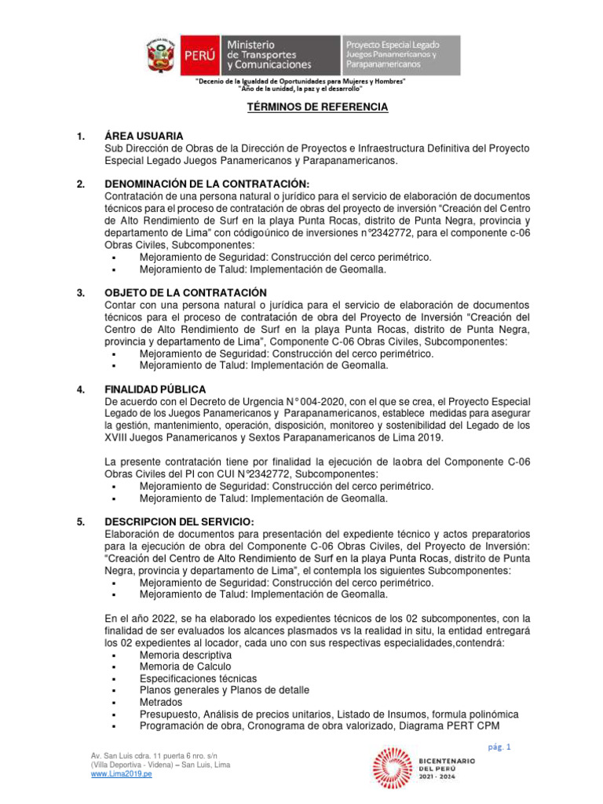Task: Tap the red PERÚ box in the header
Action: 199,56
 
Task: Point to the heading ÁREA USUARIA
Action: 144,136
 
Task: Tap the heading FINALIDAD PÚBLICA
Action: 155,389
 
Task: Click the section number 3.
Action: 81,293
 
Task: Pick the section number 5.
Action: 81,522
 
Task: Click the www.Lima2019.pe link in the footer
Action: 122,773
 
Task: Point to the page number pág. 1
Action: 499,747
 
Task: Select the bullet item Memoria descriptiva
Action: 185,654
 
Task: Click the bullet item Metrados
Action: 161,702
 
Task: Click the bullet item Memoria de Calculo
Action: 185,666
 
